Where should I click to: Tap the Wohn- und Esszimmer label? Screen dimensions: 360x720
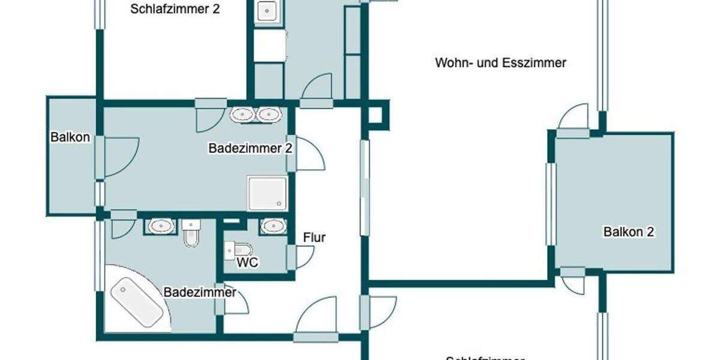(500, 63)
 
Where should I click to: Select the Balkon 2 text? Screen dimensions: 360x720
(628, 232)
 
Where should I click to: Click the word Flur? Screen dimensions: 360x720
(314, 238)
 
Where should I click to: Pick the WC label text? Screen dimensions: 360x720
(247, 263)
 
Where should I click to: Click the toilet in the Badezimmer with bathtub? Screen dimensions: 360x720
(191, 233)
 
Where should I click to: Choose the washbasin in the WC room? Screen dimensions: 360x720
(274, 226)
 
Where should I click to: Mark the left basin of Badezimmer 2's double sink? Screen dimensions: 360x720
(243, 115)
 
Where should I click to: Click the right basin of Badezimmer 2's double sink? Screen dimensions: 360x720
(269, 115)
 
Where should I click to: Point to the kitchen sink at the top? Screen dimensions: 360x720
(266, 11)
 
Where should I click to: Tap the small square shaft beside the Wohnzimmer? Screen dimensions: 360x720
(378, 114)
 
